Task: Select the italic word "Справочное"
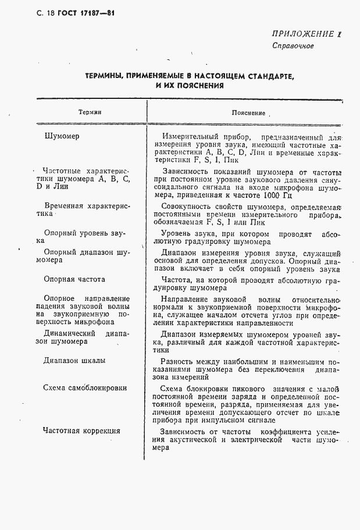point(293,46)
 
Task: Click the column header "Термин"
point(90,112)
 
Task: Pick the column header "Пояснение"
point(248,113)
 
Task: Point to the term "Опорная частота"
point(74,279)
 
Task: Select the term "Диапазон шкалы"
point(74,361)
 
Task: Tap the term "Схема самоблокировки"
point(85,388)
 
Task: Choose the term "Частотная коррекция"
point(81,431)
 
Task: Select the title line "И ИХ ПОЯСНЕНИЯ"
point(190,86)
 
